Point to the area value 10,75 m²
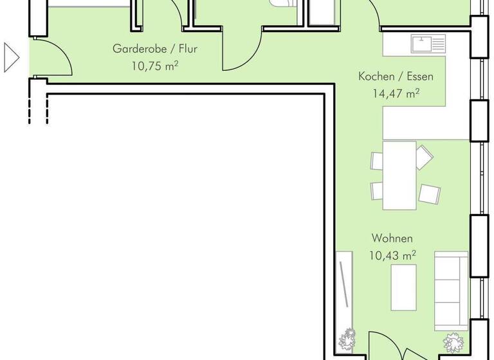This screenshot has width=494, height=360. point(154,65)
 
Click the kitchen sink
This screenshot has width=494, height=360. point(428,44)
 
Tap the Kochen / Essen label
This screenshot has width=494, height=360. point(396,76)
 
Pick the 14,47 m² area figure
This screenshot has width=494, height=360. point(396,93)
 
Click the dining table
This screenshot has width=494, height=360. point(399,175)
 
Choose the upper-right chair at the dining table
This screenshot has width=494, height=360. point(425,156)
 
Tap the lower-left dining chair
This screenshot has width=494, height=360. point(377,190)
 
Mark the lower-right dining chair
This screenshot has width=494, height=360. point(428,192)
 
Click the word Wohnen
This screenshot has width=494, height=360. point(392,239)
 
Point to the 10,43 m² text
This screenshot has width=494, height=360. point(392,255)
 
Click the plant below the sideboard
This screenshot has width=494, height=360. point(347,337)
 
